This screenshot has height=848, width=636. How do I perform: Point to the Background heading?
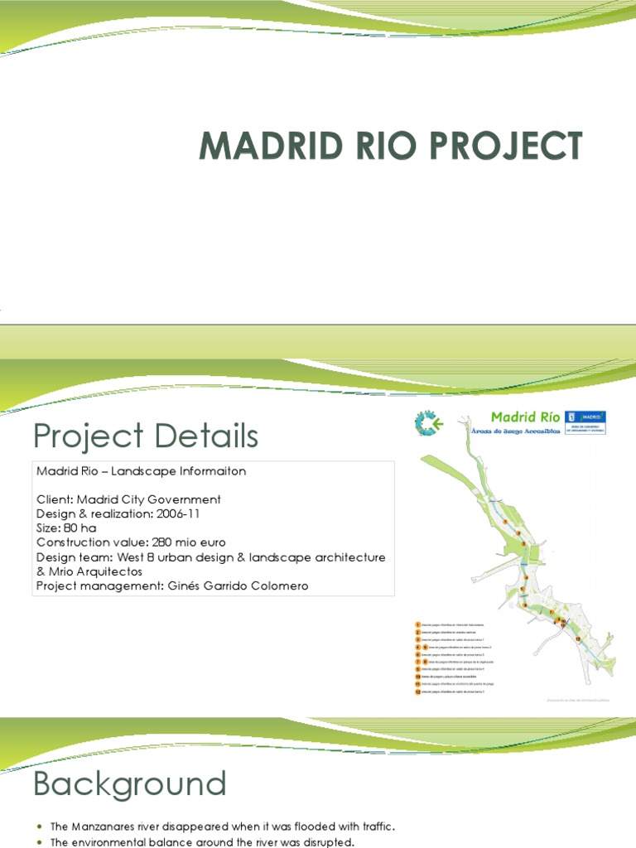pyautogui.click(x=129, y=783)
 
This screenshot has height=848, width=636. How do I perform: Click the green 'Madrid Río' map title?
pyautogui.click(x=525, y=417)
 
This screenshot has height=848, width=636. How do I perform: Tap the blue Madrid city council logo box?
pyautogui.click(x=585, y=422)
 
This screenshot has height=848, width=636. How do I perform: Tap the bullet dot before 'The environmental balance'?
pyautogui.click(x=39, y=843)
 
